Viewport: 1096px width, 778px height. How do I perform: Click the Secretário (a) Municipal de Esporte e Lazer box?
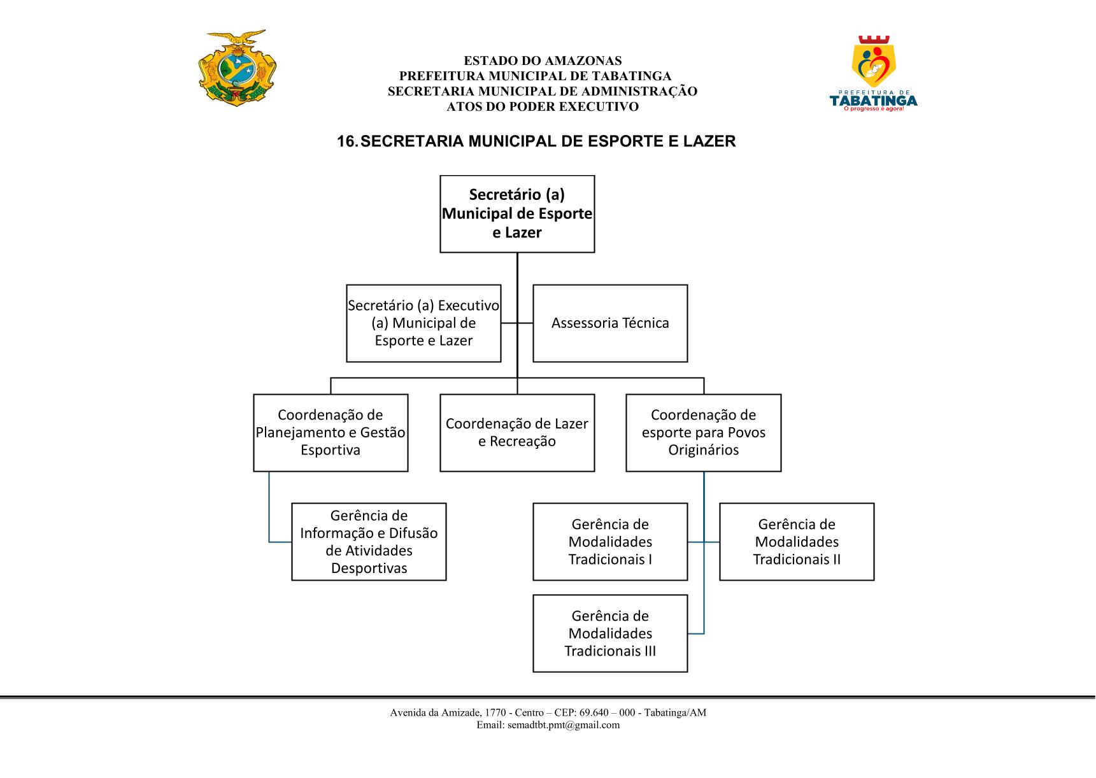click(517, 214)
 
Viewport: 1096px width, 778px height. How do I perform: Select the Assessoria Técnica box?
click(610, 323)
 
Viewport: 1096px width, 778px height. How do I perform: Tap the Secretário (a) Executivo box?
click(423, 323)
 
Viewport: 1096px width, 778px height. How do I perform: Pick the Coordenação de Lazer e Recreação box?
click(517, 433)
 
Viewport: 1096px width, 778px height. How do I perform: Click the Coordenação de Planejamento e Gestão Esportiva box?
click(331, 433)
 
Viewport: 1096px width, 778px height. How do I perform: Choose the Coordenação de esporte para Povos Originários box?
click(704, 433)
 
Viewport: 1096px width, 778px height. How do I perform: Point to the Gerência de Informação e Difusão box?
click(369, 542)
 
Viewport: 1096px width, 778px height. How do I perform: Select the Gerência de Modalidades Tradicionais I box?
click(610, 542)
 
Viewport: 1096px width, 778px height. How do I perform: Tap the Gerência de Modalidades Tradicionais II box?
click(797, 542)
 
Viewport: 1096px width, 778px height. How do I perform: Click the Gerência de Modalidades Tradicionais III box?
click(610, 633)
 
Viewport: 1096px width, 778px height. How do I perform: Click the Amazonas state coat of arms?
click(238, 67)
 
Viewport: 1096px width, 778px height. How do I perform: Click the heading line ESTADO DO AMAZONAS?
click(543, 61)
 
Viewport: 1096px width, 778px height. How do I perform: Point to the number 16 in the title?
click(347, 141)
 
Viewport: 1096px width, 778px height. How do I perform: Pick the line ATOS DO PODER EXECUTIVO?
click(543, 107)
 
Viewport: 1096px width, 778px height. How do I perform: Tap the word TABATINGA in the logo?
click(873, 101)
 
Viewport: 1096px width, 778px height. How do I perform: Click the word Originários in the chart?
click(704, 450)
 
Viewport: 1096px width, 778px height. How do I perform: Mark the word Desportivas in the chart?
click(369, 568)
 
